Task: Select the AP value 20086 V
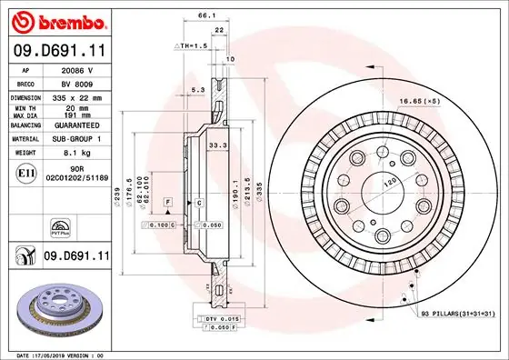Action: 77,68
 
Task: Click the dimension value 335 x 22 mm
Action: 78,96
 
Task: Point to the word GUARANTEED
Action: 78,125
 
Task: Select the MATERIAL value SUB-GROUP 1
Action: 78,140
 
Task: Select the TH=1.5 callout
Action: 192,45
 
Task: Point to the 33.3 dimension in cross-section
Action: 217,145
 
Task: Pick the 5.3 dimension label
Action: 198,89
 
